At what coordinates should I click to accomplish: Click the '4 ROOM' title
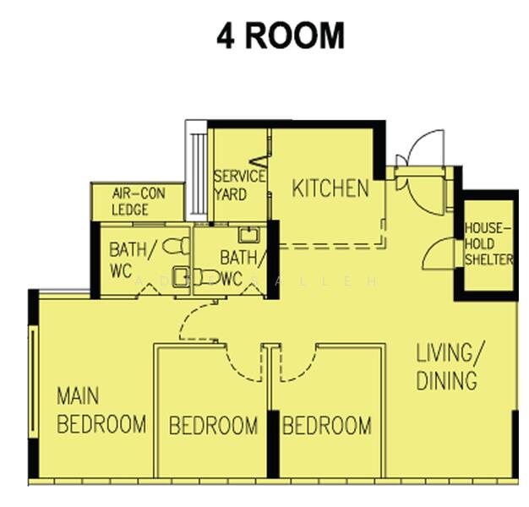[280, 36]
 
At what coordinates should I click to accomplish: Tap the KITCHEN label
[330, 188]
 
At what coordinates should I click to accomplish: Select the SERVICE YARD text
[239, 186]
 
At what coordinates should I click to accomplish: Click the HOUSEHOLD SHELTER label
[488, 244]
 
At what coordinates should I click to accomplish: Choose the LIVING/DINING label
[450, 366]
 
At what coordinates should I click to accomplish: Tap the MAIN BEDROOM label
[101, 410]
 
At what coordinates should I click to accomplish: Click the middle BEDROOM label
[213, 425]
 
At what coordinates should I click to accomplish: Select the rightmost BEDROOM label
[326, 425]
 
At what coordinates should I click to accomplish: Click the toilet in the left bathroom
[177, 246]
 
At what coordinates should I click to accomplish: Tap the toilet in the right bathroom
[205, 276]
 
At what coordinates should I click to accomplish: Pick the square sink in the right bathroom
[248, 236]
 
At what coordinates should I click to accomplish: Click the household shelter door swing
[438, 253]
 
